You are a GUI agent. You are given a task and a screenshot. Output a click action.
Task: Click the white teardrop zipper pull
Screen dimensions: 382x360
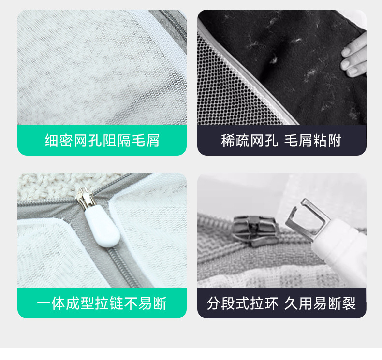102,226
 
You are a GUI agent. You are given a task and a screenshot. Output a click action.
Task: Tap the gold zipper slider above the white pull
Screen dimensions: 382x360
84,199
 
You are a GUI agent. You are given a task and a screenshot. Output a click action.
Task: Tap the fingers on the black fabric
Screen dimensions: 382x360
354,58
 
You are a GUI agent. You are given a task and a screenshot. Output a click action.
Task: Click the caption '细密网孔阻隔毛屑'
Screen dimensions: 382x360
102,141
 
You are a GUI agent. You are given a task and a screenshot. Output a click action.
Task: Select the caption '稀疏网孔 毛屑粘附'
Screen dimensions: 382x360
281,141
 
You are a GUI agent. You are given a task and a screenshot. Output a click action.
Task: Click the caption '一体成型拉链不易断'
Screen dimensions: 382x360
102,303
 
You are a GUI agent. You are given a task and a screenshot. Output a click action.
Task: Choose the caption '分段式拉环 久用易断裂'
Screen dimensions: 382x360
281,303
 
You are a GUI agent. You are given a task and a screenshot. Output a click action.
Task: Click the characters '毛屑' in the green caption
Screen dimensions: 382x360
146,141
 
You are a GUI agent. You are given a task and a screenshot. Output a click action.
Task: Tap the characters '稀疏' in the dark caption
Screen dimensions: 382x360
235,141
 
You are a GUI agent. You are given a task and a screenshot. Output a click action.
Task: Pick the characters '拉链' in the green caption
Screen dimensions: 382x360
109,303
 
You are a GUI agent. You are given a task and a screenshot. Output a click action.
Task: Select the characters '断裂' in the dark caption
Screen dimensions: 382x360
342,303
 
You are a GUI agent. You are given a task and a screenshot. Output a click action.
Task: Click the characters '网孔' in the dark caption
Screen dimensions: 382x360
264,141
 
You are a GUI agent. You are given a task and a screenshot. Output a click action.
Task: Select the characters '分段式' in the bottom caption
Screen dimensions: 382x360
228,303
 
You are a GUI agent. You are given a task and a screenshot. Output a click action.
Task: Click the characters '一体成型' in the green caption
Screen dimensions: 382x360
66,303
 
